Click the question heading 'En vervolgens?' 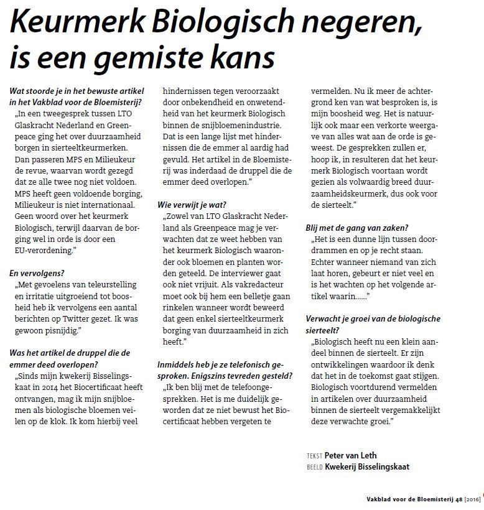click(x=37, y=272)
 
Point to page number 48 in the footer click(x=458, y=499)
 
